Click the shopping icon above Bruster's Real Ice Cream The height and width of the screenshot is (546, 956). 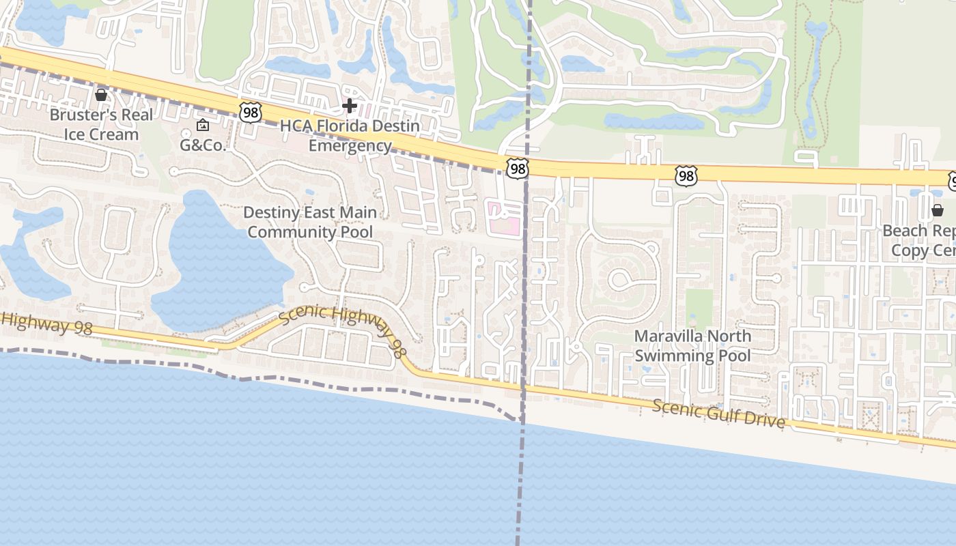click(x=101, y=95)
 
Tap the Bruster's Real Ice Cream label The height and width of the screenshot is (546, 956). click(x=101, y=124)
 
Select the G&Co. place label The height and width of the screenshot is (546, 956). click(x=203, y=145)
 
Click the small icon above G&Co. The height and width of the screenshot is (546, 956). click(x=203, y=126)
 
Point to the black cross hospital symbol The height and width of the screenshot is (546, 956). click(x=350, y=105)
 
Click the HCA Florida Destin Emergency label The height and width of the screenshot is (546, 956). click(x=350, y=136)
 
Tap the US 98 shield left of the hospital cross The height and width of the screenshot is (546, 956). click(x=251, y=112)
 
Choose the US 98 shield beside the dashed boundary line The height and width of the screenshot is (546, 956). click(x=517, y=168)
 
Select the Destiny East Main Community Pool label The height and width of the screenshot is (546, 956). click(x=310, y=222)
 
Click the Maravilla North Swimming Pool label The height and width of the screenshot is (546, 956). click(x=692, y=345)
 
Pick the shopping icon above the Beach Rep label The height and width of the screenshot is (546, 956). click(x=937, y=210)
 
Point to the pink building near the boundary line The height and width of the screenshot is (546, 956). click(x=503, y=218)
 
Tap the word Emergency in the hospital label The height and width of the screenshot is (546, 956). click(x=350, y=145)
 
